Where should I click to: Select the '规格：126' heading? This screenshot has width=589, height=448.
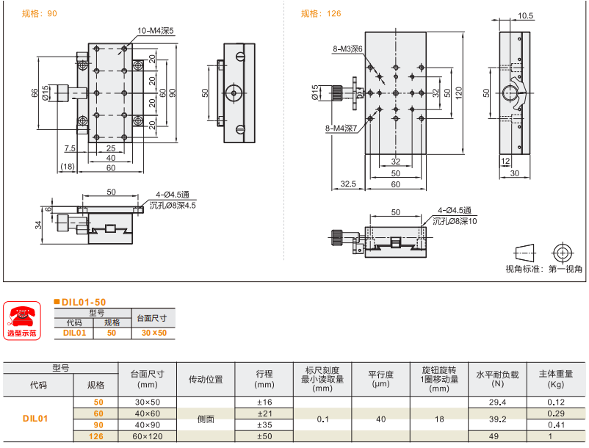[x=321, y=13]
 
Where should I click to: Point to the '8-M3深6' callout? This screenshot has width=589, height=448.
[x=348, y=49]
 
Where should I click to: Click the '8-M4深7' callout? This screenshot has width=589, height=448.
[x=341, y=129]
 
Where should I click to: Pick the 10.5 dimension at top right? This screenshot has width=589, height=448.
[x=525, y=15]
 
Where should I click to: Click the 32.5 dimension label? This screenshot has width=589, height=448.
[x=349, y=184]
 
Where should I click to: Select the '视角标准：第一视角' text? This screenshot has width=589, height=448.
[x=544, y=270]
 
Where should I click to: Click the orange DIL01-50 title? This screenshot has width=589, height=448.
[x=83, y=302]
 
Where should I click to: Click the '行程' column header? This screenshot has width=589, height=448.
[x=264, y=374]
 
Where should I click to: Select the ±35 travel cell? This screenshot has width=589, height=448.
[x=264, y=424]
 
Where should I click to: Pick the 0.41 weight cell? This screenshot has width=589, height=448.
[x=556, y=424]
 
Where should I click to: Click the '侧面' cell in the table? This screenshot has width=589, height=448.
[x=206, y=419]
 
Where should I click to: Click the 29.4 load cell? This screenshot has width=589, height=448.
[x=497, y=402]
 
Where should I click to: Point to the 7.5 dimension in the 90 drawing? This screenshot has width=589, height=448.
[x=69, y=148]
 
